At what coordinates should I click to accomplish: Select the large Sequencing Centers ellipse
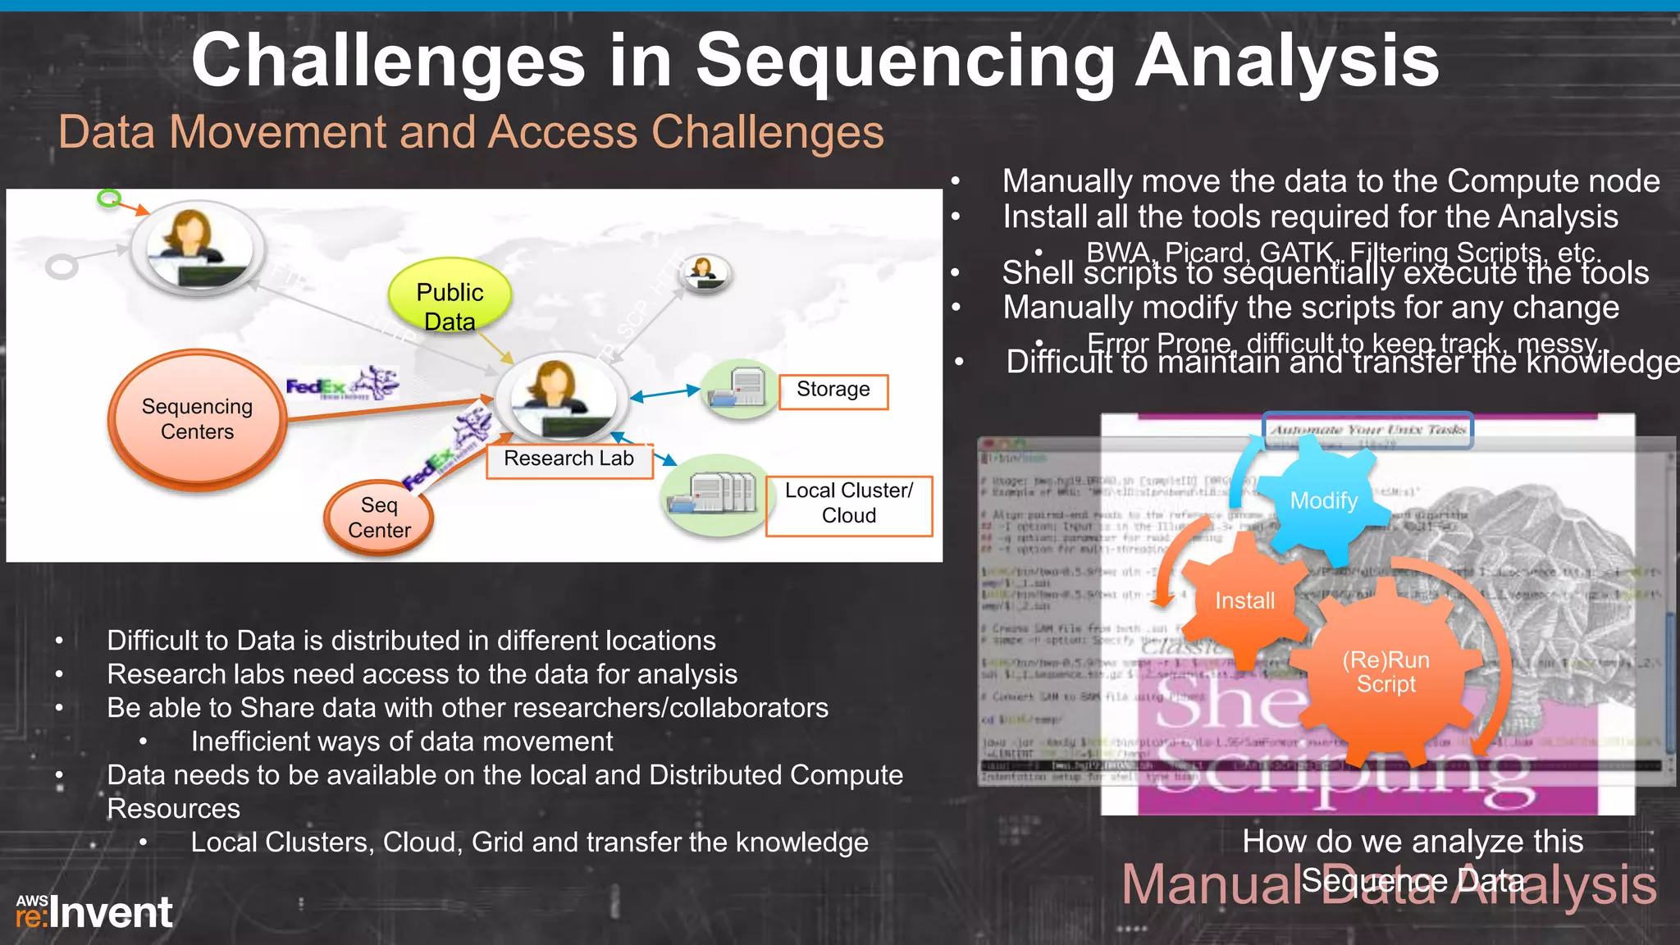point(197,418)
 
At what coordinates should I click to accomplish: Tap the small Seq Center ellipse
point(379,518)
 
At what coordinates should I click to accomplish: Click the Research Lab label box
point(568,459)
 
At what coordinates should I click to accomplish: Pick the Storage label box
point(833,390)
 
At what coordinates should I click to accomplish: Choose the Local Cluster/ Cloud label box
point(849,504)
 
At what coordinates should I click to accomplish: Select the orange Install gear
point(1244,600)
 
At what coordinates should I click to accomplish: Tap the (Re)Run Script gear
point(1386,672)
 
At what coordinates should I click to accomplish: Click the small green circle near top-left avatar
point(109,198)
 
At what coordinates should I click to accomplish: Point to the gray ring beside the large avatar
point(62,267)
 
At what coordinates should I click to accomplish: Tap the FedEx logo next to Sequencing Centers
point(342,384)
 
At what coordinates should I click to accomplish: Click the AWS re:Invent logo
point(94,912)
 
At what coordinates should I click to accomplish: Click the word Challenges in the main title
point(388,61)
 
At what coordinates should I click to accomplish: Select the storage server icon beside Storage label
point(739,388)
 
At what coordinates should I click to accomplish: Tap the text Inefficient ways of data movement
point(401,742)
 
